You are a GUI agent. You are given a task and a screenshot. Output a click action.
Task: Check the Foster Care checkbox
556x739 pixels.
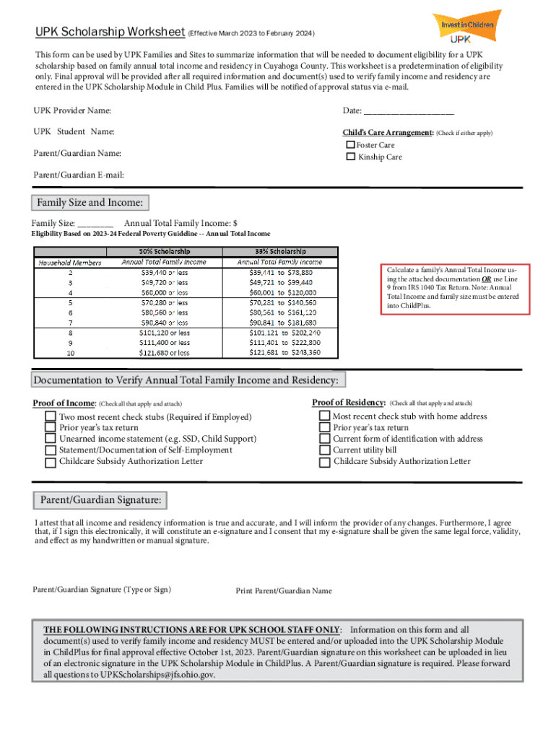pyautogui.click(x=351, y=145)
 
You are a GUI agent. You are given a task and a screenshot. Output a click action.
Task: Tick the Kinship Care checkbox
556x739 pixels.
pyautogui.click(x=351, y=157)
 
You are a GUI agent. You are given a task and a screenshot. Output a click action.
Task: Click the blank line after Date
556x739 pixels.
pyautogui.click(x=409, y=111)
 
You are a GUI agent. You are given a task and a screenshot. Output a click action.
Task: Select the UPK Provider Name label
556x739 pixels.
pyautogui.click(x=72, y=111)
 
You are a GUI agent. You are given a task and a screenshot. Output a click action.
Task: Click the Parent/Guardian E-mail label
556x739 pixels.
pyautogui.click(x=79, y=175)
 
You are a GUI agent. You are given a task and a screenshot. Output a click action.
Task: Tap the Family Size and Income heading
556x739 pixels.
pyautogui.click(x=90, y=202)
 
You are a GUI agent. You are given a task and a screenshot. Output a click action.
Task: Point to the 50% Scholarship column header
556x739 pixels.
pyautogui.click(x=163, y=251)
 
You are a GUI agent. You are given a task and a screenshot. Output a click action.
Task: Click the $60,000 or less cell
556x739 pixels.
pyautogui.click(x=163, y=293)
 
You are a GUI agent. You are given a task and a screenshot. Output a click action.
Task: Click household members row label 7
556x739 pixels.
pyautogui.click(x=70, y=323)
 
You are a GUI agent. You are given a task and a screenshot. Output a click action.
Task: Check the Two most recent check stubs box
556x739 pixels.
pyautogui.click(x=50, y=417)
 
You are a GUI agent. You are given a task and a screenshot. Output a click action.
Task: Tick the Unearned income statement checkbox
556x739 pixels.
pyautogui.click(x=50, y=439)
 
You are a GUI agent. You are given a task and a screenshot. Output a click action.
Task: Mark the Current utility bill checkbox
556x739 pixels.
pyautogui.click(x=324, y=450)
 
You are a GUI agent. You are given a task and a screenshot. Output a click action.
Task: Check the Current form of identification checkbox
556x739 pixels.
pyautogui.click(x=324, y=439)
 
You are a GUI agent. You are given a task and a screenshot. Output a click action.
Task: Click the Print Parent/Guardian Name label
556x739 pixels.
pyautogui.click(x=284, y=591)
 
